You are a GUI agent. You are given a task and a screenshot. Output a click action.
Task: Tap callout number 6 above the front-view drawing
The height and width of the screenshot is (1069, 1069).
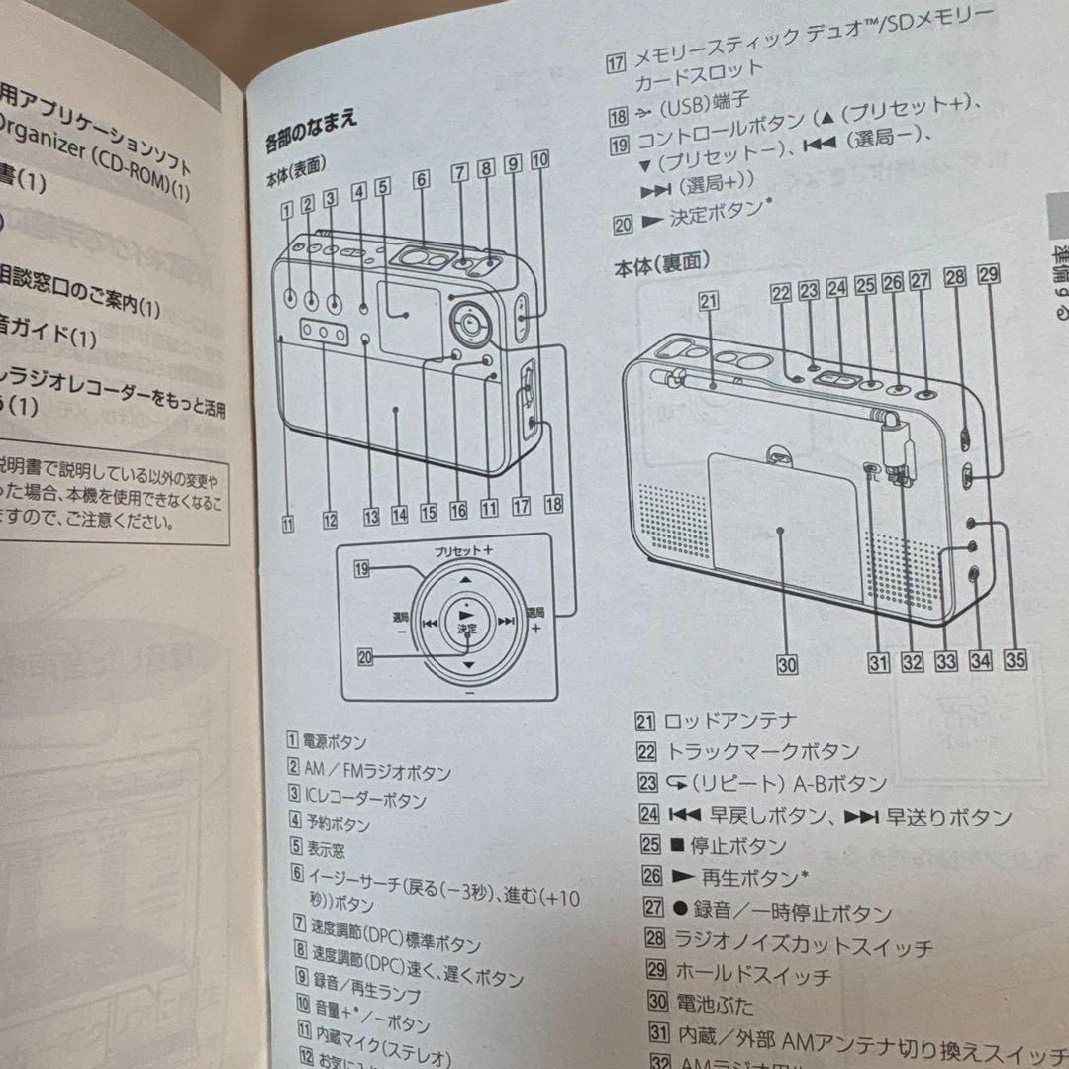tap(422, 180)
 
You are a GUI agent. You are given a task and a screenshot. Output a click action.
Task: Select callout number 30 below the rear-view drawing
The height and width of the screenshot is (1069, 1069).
tap(787, 665)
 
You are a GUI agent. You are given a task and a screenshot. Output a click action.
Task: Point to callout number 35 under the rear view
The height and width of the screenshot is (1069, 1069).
tap(1015, 657)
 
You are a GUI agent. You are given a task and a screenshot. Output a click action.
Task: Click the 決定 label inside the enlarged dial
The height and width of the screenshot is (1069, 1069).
tap(467, 629)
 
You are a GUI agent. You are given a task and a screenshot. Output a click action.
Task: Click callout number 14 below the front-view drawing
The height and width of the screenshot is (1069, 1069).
tap(399, 514)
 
